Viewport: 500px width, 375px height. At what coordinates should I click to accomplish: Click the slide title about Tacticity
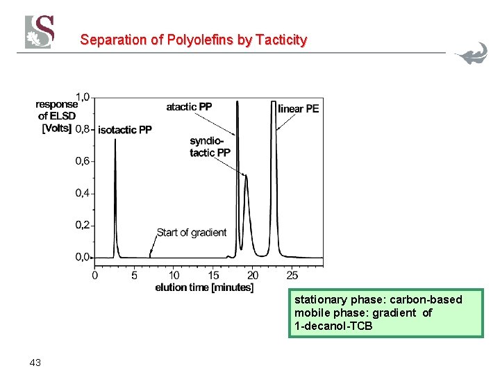pyautogui.click(x=193, y=40)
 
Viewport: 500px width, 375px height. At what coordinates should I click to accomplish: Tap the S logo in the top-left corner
pyautogui.click(x=40, y=32)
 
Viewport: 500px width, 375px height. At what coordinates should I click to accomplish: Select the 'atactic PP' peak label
pyautogui.click(x=189, y=107)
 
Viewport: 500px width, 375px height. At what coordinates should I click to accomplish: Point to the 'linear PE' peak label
pyautogui.click(x=298, y=108)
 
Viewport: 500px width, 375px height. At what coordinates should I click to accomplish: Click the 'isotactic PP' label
pyautogui.click(x=125, y=130)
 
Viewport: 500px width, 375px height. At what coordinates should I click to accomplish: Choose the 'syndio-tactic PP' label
pyautogui.click(x=210, y=147)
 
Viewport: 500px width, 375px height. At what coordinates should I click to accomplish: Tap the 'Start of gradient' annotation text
pyautogui.click(x=192, y=233)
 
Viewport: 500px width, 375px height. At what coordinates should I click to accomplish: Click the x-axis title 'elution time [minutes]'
pyautogui.click(x=203, y=287)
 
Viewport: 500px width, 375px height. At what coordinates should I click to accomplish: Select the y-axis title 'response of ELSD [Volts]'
pyautogui.click(x=56, y=116)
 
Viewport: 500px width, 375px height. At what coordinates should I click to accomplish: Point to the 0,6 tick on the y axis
pyautogui.click(x=83, y=161)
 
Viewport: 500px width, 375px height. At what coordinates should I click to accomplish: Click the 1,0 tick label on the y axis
pyautogui.click(x=83, y=97)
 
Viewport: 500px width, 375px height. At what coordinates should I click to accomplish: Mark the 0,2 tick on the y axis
pyautogui.click(x=83, y=225)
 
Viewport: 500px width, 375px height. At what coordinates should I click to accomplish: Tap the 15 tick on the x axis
pyautogui.click(x=214, y=275)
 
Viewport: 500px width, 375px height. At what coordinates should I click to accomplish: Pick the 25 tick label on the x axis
pyautogui.click(x=292, y=275)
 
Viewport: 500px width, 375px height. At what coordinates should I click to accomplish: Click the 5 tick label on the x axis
pyautogui.click(x=135, y=275)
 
